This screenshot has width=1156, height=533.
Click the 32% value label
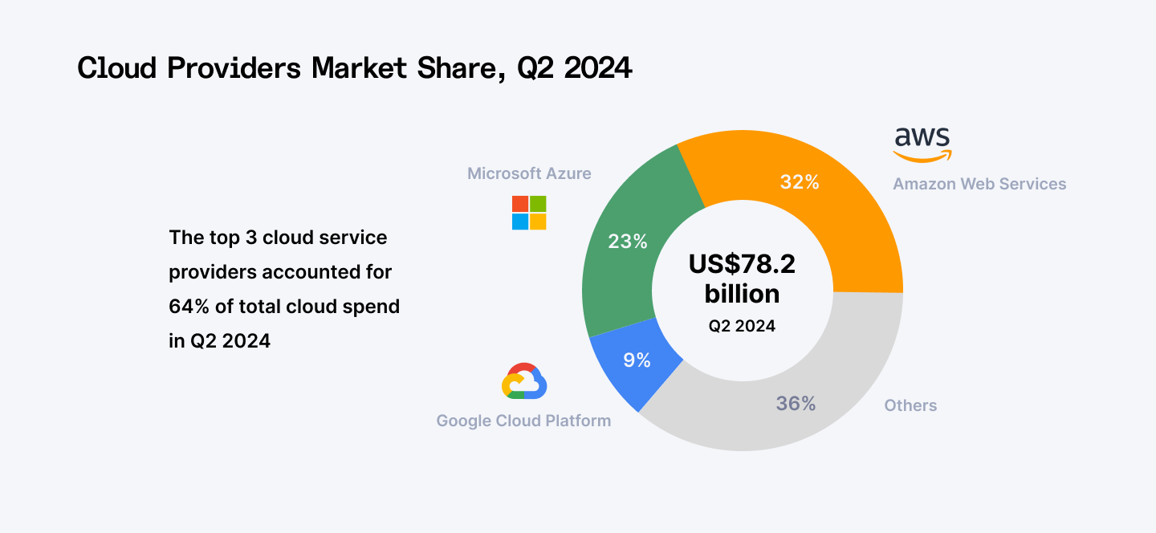tap(800, 182)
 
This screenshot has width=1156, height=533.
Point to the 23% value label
tap(628, 241)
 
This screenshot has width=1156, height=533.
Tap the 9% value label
tap(637, 360)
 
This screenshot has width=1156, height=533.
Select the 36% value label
tap(796, 404)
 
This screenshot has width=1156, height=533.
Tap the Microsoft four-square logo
tap(529, 213)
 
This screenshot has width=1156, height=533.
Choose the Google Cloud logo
tap(524, 381)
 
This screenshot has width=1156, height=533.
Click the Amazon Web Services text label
tap(979, 184)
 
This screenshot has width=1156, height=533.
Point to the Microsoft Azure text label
tap(529, 173)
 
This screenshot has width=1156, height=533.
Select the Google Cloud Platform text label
tap(523, 421)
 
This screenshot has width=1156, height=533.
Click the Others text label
tap(910, 405)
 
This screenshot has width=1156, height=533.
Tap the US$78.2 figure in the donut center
tap(742, 264)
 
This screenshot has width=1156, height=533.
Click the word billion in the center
tap(742, 294)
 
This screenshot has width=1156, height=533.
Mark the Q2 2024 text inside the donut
tap(742, 326)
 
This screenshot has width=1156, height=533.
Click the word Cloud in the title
tap(117, 69)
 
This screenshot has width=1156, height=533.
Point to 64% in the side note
tap(186, 307)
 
